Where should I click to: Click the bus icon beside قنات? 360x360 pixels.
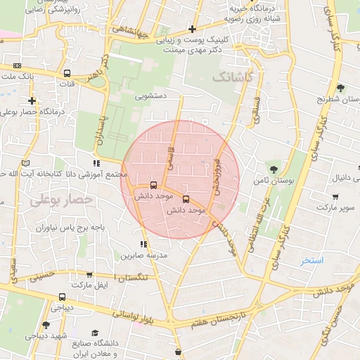67,73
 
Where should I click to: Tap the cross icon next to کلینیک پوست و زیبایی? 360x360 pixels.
192,29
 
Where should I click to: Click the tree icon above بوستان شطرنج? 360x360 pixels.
340,88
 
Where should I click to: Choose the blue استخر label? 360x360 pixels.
312,260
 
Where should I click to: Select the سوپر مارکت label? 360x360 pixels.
335,208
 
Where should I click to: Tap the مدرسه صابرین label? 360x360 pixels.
146,256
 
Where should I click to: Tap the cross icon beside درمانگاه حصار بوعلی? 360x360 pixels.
32,101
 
